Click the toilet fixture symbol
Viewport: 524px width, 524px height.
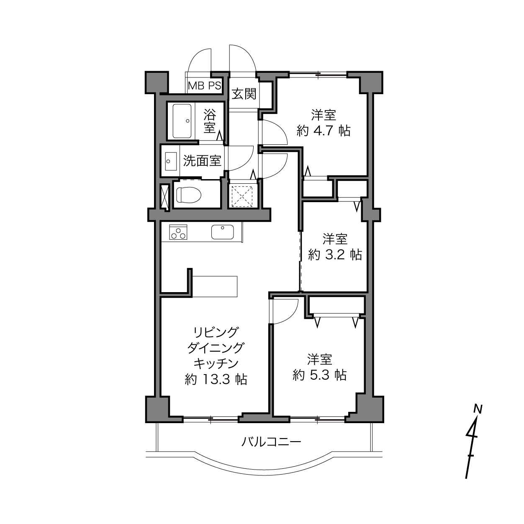[x=189, y=195]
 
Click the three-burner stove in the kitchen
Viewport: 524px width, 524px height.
[x=178, y=232]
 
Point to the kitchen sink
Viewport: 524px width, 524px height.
[x=222, y=232]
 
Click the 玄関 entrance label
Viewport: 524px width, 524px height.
[x=244, y=94]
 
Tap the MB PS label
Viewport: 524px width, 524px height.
[x=205, y=86]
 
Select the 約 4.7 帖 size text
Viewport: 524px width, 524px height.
[x=324, y=131]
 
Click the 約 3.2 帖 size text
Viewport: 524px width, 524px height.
[x=335, y=255]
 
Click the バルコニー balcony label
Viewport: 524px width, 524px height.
[x=271, y=442]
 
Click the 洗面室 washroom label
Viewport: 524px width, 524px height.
[x=202, y=161]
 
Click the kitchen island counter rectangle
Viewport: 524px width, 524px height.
[x=215, y=286]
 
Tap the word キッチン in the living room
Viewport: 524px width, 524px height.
[x=216, y=364]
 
